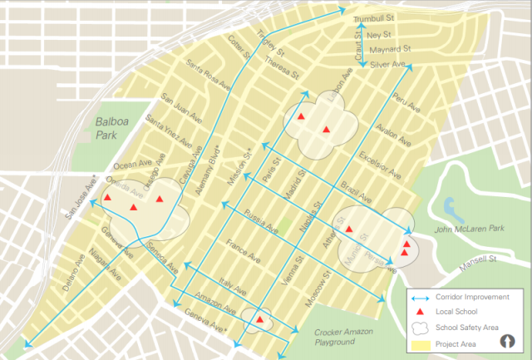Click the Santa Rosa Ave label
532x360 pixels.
click(x=208, y=74)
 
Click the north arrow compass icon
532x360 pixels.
click(x=505, y=341)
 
